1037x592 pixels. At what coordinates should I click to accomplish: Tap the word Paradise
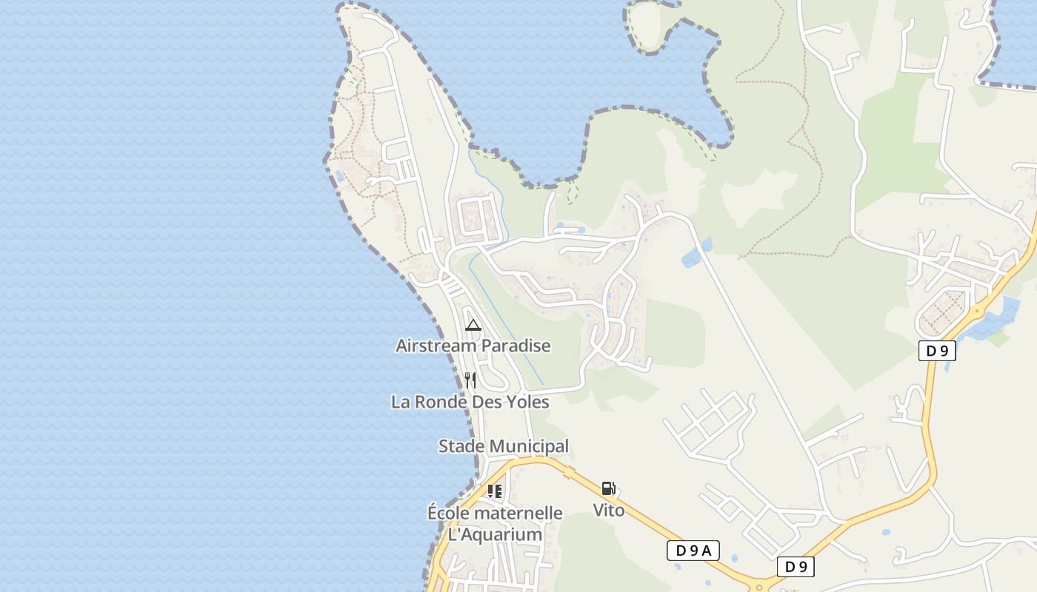[x=516, y=346]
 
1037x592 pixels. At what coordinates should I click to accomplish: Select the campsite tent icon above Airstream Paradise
[x=473, y=325]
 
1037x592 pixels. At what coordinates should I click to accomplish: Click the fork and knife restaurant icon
[x=470, y=380]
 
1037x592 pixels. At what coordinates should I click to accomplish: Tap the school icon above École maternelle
[x=495, y=491]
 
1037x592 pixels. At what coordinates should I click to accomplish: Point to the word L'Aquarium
[x=495, y=534]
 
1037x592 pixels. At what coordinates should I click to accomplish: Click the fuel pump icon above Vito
[x=608, y=488]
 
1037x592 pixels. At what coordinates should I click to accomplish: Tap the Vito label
[x=609, y=510]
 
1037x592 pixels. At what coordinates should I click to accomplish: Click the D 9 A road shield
[x=693, y=551]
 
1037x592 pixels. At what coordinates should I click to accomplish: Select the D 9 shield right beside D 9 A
[x=796, y=568]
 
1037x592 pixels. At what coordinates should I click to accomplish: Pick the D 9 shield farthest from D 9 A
[x=937, y=351]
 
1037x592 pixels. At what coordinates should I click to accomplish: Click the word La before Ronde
[x=401, y=402]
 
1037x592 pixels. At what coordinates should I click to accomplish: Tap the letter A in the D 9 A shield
[x=707, y=551]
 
